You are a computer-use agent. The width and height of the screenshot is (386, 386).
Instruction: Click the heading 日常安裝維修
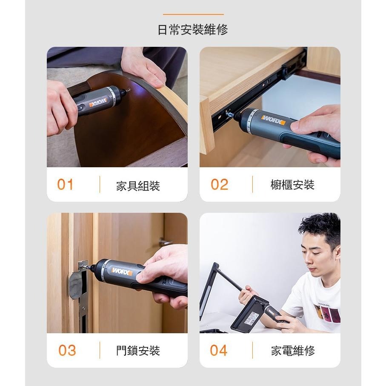(193, 29)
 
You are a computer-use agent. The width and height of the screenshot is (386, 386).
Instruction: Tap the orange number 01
(65, 184)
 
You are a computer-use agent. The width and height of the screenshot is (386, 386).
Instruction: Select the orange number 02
(219, 184)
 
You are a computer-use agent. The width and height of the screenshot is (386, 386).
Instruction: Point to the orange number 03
(67, 350)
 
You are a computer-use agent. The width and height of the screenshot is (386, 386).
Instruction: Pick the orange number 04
(219, 350)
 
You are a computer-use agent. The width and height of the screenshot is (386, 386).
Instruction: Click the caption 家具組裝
(138, 186)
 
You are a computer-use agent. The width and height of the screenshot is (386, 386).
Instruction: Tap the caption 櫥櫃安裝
(292, 185)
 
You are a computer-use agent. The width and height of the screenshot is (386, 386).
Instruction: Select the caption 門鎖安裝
(138, 351)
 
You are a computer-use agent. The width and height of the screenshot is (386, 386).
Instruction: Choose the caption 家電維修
(293, 351)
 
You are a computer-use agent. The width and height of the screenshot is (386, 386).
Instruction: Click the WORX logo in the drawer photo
(274, 120)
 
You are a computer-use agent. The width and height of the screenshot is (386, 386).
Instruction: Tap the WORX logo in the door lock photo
(122, 271)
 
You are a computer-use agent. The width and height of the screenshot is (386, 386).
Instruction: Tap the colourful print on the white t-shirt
(328, 313)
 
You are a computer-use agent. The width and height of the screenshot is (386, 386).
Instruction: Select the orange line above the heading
(193, 14)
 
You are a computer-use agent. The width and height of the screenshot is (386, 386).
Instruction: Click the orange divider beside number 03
(100, 350)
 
